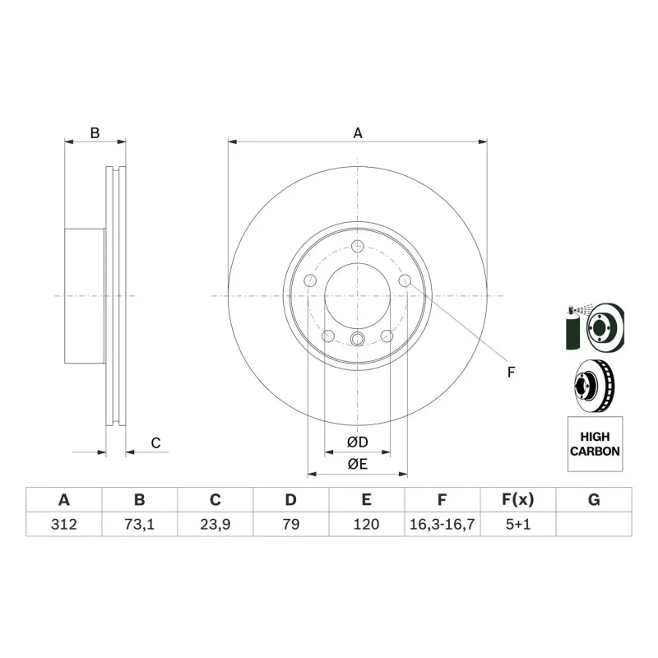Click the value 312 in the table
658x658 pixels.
pos(64,524)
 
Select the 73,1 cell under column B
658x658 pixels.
pos(139,524)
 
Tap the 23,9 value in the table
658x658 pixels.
pos(215,524)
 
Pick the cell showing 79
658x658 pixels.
pos(291,524)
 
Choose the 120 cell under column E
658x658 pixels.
pos(366,524)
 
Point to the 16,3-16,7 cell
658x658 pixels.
pos(442,524)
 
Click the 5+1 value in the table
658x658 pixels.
pos(518,524)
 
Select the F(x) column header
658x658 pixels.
pos(518,500)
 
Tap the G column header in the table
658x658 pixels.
pos(594,500)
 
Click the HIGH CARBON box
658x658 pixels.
pos(595,444)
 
